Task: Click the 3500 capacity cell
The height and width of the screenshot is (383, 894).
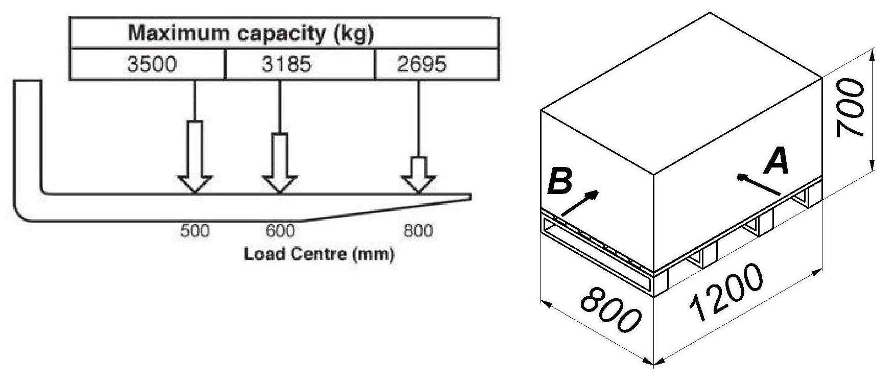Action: (147, 64)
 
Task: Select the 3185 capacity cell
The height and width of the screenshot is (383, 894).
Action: (300, 64)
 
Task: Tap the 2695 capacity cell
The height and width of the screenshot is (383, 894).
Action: (437, 64)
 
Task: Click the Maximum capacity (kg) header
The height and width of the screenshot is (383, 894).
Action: (251, 34)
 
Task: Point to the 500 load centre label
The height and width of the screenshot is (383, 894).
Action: (195, 231)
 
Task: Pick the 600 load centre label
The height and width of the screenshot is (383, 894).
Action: (280, 231)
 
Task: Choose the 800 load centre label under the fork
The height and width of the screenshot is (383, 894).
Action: (418, 231)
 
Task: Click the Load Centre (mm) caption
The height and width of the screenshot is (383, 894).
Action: (319, 254)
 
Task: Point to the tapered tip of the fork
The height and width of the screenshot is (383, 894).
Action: (470, 197)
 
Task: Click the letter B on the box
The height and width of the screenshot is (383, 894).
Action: (560, 182)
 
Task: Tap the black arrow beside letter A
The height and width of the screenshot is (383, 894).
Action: (759, 185)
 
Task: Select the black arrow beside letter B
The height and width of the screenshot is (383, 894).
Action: (579, 203)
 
